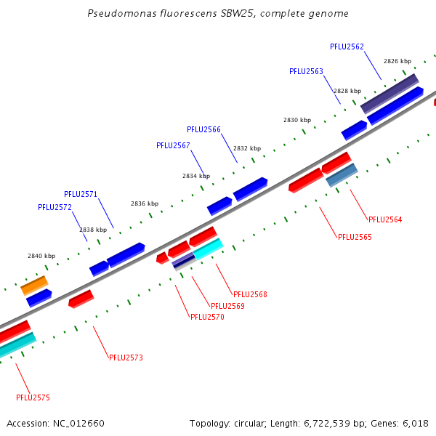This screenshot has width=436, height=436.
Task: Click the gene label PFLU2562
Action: [x=347, y=47]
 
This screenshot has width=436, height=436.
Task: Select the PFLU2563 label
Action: [x=306, y=71]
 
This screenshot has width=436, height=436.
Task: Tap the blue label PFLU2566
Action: [x=203, y=129]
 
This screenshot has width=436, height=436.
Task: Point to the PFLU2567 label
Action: [x=173, y=145]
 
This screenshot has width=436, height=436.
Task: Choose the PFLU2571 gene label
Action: [x=81, y=194]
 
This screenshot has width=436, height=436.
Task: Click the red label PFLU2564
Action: [x=385, y=219]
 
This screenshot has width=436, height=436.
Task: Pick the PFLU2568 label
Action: [x=250, y=294]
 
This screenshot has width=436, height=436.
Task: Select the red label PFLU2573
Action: [x=126, y=358]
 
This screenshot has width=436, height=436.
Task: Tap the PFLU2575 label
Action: [x=33, y=397]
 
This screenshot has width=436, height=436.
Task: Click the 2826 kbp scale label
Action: [x=397, y=61]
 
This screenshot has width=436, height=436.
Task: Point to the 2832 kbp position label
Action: [x=247, y=148]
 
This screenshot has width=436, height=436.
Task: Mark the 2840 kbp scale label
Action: [x=41, y=256]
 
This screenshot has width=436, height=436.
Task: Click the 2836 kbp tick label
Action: [x=145, y=203]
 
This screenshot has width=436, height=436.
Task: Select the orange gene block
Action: [x=34, y=286]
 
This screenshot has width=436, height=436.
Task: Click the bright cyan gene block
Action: [x=209, y=249]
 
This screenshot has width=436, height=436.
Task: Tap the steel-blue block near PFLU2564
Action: [x=342, y=175]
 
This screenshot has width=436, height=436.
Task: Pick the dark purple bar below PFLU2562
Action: [x=389, y=94]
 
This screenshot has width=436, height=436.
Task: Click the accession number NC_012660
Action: [x=78, y=424]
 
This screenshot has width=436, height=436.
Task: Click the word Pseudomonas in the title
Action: [x=122, y=13]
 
